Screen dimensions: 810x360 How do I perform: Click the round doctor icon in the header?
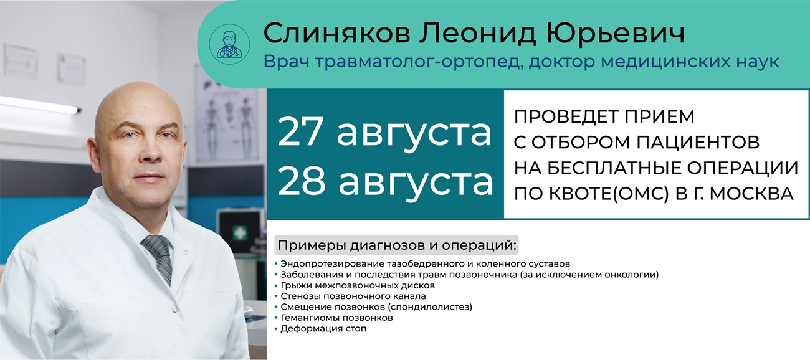tap(229, 44)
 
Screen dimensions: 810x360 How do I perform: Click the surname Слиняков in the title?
tap(336, 33)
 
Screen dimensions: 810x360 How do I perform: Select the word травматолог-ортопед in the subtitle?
tap(419, 62)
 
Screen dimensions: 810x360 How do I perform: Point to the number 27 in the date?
tap(300, 131)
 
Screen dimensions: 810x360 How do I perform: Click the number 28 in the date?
tap(302, 181)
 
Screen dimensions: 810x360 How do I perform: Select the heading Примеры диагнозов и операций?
tap(397, 245)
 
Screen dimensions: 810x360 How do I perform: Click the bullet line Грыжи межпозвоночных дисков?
tap(358, 285)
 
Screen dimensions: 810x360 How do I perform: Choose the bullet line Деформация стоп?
tap(323, 329)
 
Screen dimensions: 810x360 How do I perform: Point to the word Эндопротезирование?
tap(332, 264)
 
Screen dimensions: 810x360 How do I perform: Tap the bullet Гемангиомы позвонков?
tap(336, 318)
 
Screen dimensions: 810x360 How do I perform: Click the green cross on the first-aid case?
tap(239, 233)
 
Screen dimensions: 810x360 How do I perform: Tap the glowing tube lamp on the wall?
tap(39, 105)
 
